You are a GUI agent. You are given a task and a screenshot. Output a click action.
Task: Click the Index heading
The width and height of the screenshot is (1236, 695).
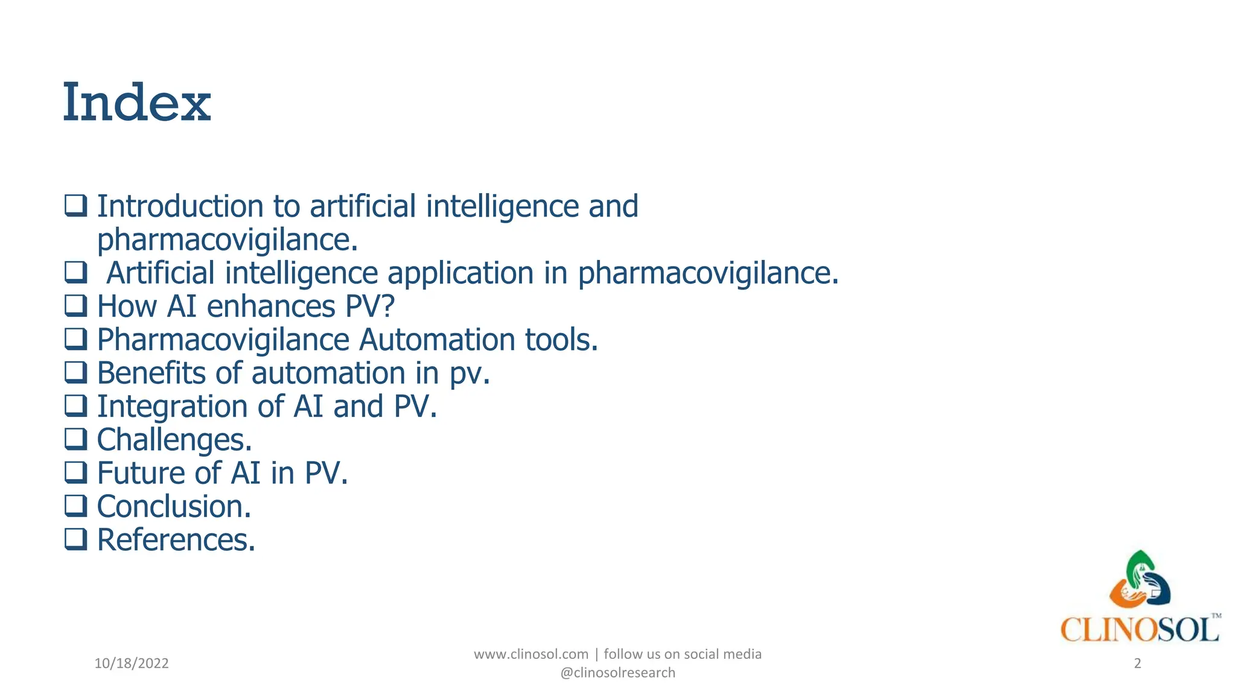(x=137, y=103)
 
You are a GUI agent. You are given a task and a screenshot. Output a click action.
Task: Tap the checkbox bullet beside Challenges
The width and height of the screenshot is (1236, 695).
(x=76, y=439)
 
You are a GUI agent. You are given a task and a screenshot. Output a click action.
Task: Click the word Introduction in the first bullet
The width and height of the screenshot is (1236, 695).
(x=180, y=206)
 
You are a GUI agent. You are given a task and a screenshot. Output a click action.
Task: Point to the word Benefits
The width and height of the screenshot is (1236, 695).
(x=151, y=373)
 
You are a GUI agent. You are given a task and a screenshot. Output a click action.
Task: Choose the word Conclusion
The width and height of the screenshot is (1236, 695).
(x=174, y=506)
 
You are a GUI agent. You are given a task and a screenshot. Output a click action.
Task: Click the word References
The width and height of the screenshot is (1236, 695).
(x=176, y=539)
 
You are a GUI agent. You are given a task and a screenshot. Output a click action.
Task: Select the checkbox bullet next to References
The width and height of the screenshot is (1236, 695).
(x=76, y=539)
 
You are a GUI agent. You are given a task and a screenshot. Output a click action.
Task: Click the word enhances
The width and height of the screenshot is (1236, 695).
(x=270, y=306)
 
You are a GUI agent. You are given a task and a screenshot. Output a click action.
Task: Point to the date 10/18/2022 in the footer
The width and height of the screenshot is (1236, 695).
(x=132, y=664)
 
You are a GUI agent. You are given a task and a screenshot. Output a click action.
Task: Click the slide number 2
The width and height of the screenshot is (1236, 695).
(x=1138, y=664)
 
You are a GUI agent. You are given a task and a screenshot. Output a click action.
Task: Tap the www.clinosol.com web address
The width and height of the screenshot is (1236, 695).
(x=531, y=654)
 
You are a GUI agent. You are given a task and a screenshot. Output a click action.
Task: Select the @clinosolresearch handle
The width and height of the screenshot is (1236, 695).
(x=618, y=673)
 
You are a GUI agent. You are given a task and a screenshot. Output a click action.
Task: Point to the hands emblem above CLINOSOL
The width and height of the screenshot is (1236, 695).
(x=1139, y=580)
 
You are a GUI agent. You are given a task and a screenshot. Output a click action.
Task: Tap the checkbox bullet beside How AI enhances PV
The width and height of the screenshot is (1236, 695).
(x=76, y=305)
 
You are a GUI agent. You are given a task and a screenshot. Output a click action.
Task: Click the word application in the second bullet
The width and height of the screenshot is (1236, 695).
(x=460, y=273)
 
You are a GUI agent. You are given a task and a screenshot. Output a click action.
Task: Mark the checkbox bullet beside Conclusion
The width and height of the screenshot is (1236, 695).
(x=76, y=506)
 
